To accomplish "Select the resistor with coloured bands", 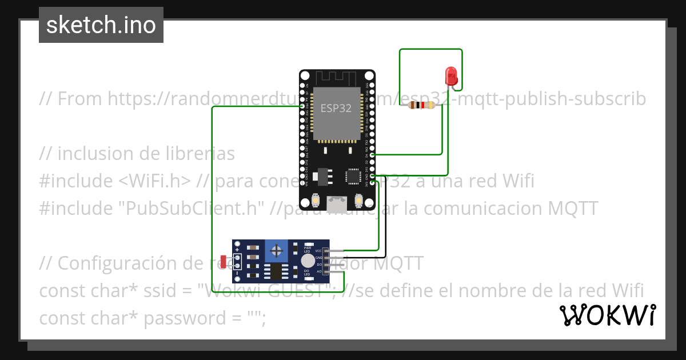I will click(421, 105).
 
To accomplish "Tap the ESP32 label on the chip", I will click(336, 109).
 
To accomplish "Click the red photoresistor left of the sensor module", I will click(223, 262).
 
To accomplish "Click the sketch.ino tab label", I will click(101, 25).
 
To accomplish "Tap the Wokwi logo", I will click(607, 315).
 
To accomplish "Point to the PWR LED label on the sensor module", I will click(307, 249).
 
